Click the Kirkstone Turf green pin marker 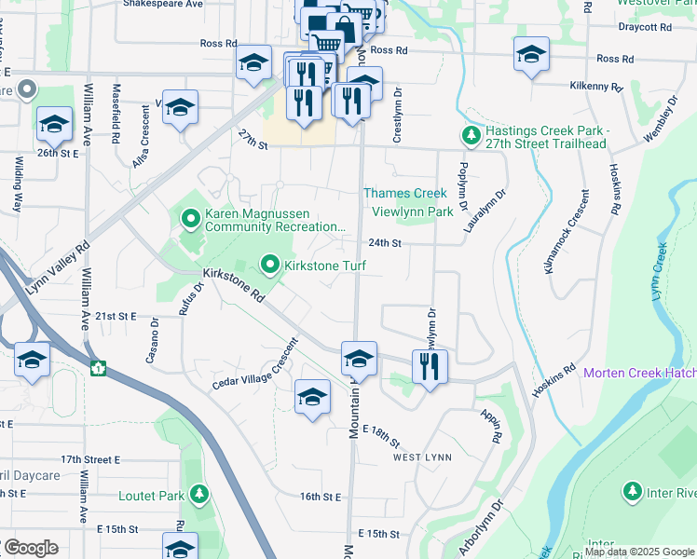tap(270, 266)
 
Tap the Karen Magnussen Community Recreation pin tap(191, 219)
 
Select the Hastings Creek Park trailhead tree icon tap(471, 136)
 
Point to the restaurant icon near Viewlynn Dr tap(429, 365)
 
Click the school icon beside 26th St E tap(54, 124)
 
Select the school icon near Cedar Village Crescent tap(312, 396)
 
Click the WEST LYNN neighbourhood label tap(422, 457)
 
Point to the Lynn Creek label tap(663, 270)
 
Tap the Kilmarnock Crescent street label tap(567, 231)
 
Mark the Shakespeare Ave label tap(162, 5)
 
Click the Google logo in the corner tap(30, 548)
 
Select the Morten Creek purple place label tap(640, 374)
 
